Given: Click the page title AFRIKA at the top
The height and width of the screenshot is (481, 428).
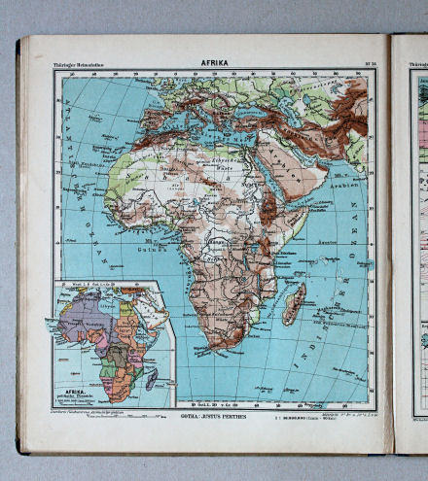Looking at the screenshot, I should tap(214, 63).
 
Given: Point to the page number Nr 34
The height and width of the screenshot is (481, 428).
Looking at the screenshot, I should tap(370, 64).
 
